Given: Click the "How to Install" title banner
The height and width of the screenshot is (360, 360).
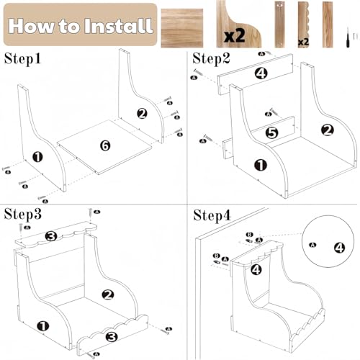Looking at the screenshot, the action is (81, 24).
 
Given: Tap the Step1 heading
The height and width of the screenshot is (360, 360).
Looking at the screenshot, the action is (22, 58).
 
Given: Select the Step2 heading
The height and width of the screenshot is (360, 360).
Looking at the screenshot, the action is (211, 58).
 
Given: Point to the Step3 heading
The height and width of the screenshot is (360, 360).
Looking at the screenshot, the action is (23, 214).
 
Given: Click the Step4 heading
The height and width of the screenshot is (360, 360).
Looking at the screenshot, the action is (212, 215).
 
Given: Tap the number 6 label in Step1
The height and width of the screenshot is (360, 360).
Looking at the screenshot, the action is (105, 145).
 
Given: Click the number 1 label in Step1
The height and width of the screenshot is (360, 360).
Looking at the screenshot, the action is (37, 157).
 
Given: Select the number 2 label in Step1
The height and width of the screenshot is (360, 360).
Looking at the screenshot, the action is (142, 114).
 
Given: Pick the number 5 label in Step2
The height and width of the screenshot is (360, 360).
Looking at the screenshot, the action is (272, 132).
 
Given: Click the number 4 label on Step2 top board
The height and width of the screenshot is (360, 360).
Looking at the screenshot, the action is (261, 73).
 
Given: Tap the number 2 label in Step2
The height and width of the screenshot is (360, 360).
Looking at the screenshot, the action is (328, 130).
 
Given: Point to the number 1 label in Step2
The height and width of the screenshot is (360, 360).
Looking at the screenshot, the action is (261, 166).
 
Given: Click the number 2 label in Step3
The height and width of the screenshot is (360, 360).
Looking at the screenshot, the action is (108, 294).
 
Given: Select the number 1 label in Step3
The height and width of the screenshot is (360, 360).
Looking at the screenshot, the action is (43, 326).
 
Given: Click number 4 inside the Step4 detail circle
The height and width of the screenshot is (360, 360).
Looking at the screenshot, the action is (340, 248).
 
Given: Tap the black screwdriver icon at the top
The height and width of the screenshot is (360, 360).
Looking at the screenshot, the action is (348, 37).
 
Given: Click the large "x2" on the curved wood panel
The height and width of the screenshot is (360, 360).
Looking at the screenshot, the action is (235, 36).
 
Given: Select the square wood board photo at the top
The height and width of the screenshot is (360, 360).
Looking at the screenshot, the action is (182, 28).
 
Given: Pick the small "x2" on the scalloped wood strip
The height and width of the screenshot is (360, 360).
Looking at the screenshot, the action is (303, 42).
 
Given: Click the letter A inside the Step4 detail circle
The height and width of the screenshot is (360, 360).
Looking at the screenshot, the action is (312, 245).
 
